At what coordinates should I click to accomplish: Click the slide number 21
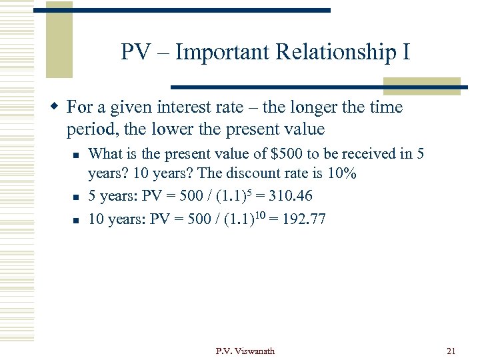click(x=450, y=351)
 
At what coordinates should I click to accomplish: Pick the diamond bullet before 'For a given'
click(x=56, y=107)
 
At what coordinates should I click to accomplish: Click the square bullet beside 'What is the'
click(x=77, y=154)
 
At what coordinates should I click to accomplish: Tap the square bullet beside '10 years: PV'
click(x=77, y=219)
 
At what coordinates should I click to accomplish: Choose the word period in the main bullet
click(x=88, y=128)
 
